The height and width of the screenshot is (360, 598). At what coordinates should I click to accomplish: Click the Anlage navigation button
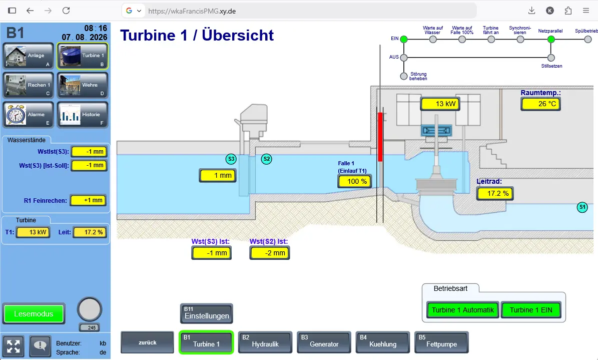(x=28, y=56)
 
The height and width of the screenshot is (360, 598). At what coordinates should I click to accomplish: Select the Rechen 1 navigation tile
(x=28, y=85)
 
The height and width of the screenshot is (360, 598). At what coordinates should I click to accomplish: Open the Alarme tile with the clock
(x=28, y=115)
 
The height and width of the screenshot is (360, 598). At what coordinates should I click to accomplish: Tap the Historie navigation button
(x=83, y=115)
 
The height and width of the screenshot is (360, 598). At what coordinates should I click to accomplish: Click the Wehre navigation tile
(x=83, y=85)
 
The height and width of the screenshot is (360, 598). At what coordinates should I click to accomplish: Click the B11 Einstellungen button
(x=206, y=313)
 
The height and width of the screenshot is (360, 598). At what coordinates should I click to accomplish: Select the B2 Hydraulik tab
(x=265, y=342)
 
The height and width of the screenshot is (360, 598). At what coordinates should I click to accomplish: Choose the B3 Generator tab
(x=324, y=342)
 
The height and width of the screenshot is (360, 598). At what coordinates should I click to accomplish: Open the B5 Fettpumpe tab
(x=441, y=342)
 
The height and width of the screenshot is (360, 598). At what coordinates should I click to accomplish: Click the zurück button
(x=147, y=342)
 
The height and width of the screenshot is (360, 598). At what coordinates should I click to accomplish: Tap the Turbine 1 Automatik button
(x=462, y=310)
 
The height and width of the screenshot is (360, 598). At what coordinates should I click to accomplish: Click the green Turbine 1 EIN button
(x=531, y=310)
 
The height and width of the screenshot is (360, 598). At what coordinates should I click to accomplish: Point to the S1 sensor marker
(x=582, y=207)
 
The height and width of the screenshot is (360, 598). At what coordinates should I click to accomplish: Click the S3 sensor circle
(x=231, y=159)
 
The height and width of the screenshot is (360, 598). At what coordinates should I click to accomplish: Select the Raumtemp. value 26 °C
(x=541, y=104)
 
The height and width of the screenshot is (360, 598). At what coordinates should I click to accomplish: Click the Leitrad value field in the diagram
(x=494, y=194)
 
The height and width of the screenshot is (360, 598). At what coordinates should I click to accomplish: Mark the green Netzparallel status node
(x=550, y=40)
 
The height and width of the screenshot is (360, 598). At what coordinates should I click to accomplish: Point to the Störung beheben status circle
(x=404, y=76)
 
